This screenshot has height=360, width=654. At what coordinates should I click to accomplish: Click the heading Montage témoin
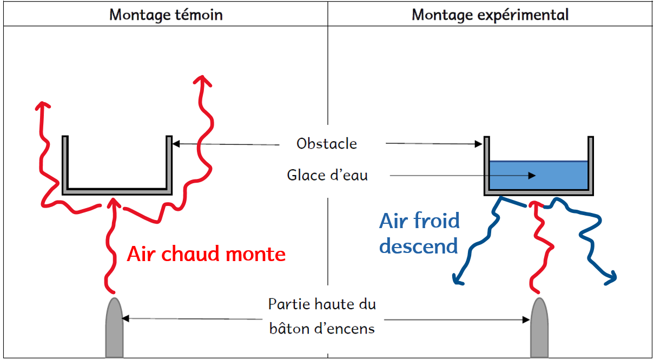point(166,14)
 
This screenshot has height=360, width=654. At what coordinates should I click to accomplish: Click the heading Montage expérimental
point(490,14)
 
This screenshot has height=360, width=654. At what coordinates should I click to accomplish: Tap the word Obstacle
point(327,143)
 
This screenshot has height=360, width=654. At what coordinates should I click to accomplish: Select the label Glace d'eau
point(327,175)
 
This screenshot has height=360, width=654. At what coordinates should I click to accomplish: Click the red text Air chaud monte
point(206,254)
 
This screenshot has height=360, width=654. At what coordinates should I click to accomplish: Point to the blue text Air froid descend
point(419,234)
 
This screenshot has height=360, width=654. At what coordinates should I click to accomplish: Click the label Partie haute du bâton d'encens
point(322,316)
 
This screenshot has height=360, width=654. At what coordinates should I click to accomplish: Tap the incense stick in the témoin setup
point(114,328)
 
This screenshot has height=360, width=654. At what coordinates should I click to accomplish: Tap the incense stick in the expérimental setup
point(539,328)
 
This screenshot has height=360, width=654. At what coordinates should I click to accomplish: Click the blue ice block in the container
point(538,175)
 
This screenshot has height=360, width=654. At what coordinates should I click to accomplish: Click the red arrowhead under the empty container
point(113,203)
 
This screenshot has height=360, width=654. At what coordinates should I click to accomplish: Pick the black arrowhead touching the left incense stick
point(126,319)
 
